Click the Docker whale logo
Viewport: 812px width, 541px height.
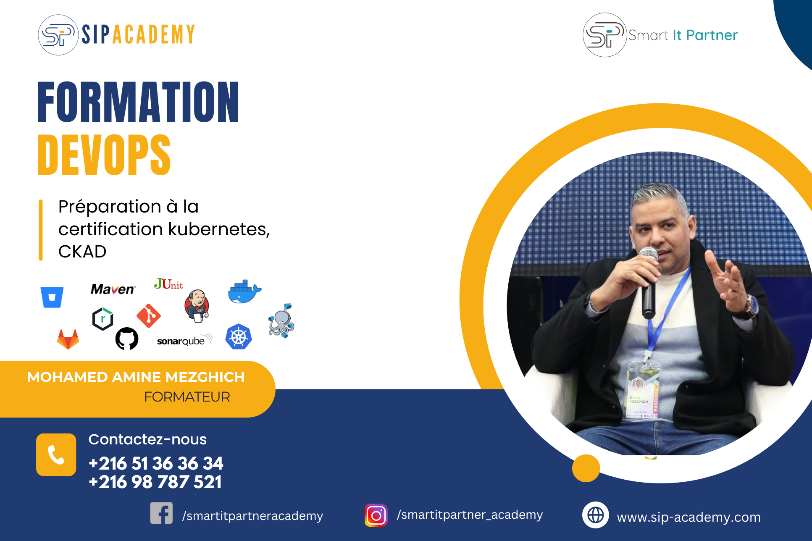[244, 291]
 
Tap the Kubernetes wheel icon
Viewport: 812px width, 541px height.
[239, 337]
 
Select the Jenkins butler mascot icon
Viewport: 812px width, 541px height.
[197, 306]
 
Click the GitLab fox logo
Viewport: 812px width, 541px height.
[68, 339]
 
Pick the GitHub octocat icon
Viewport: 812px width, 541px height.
[127, 339]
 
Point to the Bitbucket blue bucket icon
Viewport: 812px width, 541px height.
[52, 297]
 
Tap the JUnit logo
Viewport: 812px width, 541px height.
[168, 284]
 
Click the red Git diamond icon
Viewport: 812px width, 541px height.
[149, 316]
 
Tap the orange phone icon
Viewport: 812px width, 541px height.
[56, 454]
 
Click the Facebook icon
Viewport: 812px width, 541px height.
[162, 513]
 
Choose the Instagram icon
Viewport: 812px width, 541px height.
[376, 515]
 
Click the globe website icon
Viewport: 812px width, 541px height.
[596, 515]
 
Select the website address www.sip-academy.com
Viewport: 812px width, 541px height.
[689, 517]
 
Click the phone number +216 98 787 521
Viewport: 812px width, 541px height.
[155, 482]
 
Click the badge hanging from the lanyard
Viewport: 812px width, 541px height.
[642, 390]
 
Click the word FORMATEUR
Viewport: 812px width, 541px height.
[187, 397]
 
